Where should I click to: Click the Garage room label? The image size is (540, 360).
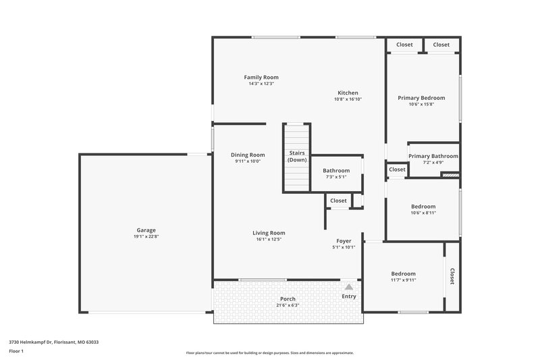point(146,230)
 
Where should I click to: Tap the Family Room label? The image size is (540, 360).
point(261,77)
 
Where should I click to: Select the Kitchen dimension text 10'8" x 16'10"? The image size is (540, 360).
point(348,99)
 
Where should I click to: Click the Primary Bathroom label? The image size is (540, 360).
point(433,156)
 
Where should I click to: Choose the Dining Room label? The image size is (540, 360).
point(248,155)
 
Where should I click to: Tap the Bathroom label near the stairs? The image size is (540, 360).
point(336,171)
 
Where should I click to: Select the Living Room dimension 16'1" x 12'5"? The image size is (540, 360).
point(268,239)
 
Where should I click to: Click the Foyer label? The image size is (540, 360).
point(344,241)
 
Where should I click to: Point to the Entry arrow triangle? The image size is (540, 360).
point(349,287)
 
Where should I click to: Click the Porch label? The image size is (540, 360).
point(288,299)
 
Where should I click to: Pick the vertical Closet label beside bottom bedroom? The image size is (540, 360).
point(452,277)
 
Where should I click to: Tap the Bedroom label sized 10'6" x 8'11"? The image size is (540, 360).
point(423,206)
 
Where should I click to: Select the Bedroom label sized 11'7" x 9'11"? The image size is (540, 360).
point(404,274)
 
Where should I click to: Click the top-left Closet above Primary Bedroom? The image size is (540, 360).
point(404,45)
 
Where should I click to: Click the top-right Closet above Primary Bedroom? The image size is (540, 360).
point(441,45)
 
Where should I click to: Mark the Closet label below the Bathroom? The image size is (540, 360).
point(338,201)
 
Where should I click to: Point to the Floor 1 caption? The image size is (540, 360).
point(16,351)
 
